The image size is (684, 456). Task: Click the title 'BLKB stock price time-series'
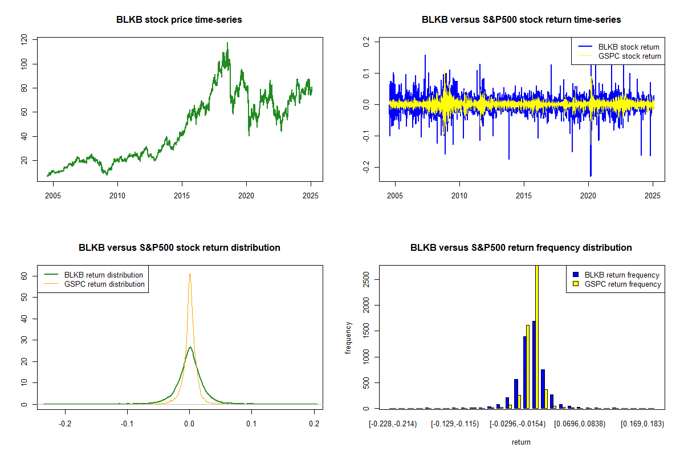tap(179, 20)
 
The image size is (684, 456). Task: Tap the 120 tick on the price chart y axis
tap(24, 40)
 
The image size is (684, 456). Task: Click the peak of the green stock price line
tap(227, 43)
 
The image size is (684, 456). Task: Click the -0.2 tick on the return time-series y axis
tap(366, 166)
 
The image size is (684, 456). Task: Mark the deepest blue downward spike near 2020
tap(591, 176)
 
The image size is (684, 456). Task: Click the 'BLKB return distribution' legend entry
tap(103, 275)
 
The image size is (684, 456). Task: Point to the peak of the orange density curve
tap(190, 274)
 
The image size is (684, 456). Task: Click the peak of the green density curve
tap(190, 347)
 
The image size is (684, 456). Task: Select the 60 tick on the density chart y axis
tap(24, 275)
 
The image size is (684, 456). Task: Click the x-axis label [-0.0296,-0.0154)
tap(517, 425)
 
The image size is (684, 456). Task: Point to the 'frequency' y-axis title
tap(348, 339)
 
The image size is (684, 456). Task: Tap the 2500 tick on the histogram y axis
tap(366, 279)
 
